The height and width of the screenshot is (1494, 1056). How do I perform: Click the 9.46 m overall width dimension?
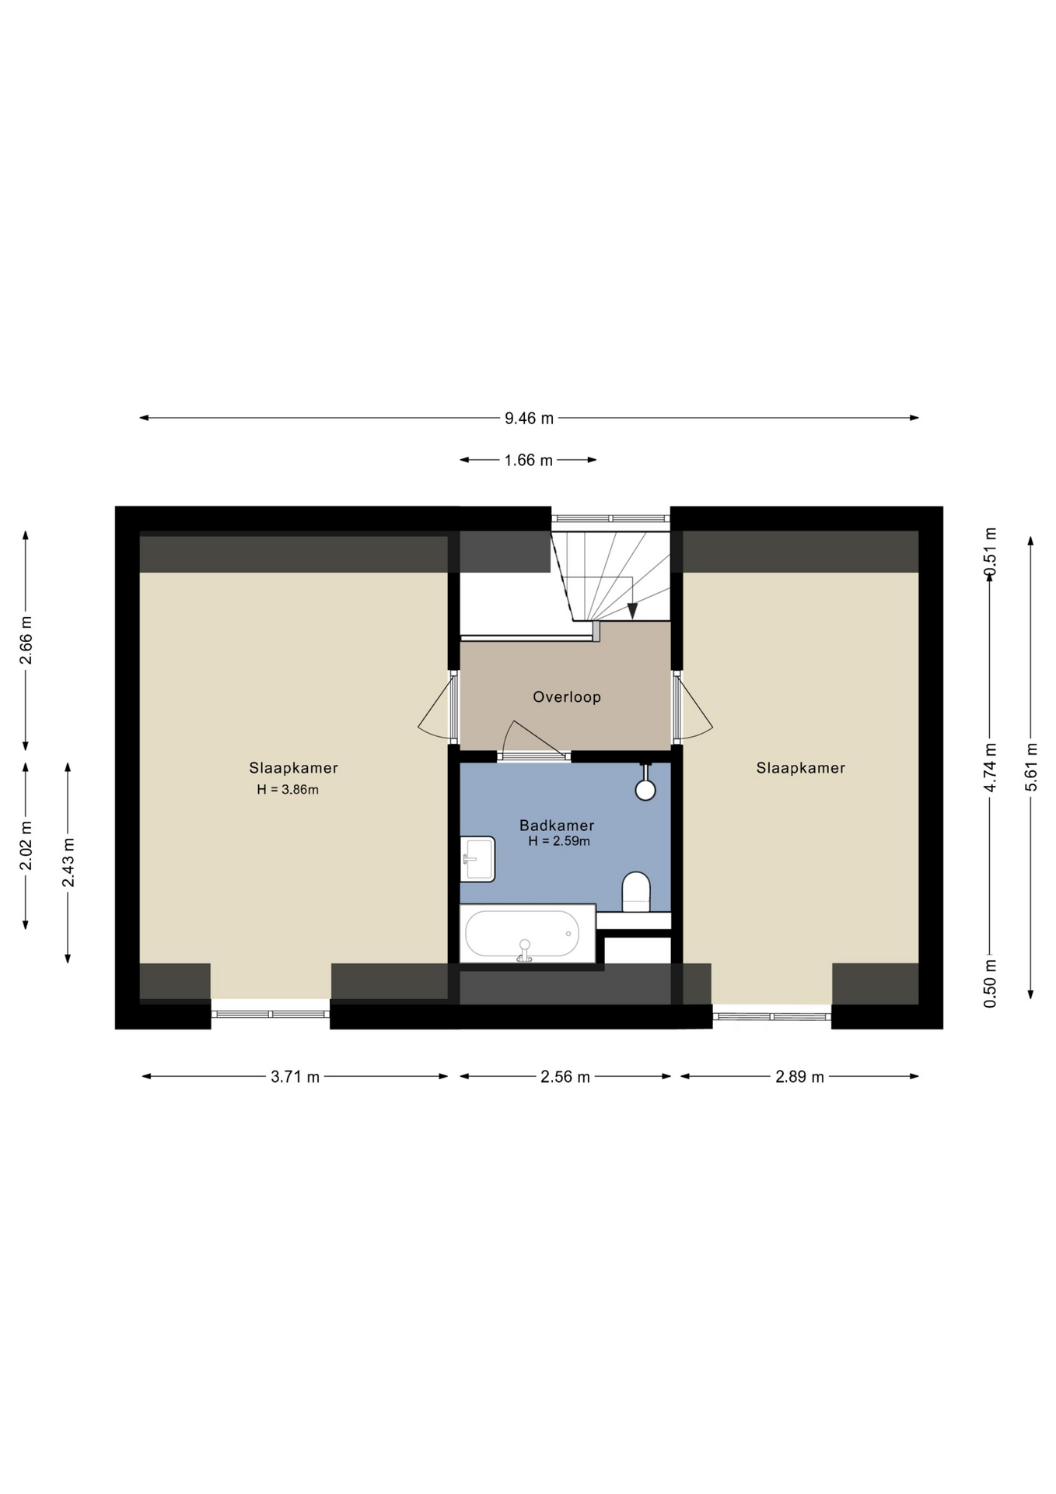pos(529,418)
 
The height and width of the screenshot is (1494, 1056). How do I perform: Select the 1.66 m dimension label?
pos(528,460)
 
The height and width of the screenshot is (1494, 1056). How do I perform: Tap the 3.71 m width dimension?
pos(295,1077)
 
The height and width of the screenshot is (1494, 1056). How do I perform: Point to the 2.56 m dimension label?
pos(565,1077)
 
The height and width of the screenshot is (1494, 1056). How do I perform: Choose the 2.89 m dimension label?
pos(799,1077)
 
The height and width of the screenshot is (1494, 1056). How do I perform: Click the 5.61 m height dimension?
pos(1031,767)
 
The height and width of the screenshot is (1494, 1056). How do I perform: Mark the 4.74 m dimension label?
pos(990,767)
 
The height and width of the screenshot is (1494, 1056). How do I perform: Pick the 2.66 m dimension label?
pos(26,640)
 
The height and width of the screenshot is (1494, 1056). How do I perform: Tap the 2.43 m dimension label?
pos(68,862)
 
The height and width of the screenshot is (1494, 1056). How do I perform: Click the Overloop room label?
pos(567,697)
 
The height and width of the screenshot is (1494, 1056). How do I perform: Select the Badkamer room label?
pos(557,825)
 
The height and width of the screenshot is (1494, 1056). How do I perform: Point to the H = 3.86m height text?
pos(288,790)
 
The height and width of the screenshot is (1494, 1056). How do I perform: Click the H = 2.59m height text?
pos(559,841)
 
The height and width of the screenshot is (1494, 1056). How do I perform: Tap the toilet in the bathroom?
pos(636,892)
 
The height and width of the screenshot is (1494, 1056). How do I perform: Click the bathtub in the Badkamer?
pos(528,934)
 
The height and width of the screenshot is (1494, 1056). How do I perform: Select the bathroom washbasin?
pos(477,859)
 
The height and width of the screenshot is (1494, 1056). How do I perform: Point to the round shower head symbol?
pos(645,790)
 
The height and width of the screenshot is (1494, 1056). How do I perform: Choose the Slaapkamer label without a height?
pos(801,768)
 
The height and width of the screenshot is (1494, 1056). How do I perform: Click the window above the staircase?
pos(611,518)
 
